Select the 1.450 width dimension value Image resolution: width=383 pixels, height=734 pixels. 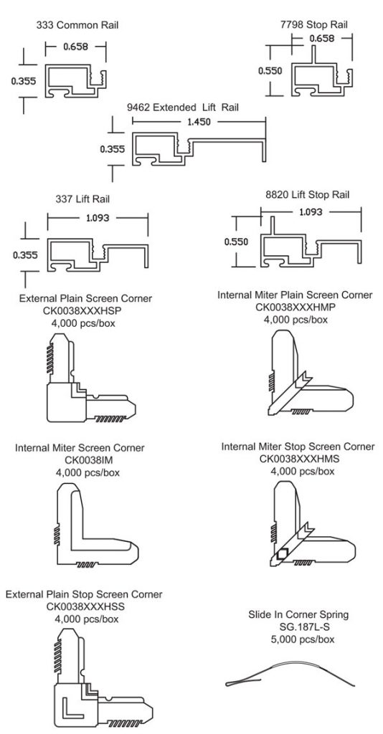click(199, 123)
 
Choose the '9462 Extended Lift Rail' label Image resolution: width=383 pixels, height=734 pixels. click(183, 108)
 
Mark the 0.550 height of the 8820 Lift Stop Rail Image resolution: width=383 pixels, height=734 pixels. click(236, 242)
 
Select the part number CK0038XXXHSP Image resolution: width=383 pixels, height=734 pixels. click(86, 310)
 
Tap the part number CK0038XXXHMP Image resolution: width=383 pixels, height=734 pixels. click(296, 308)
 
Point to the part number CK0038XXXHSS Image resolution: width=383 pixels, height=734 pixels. click(83, 607)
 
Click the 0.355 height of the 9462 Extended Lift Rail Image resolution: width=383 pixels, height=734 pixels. click(112, 150)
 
